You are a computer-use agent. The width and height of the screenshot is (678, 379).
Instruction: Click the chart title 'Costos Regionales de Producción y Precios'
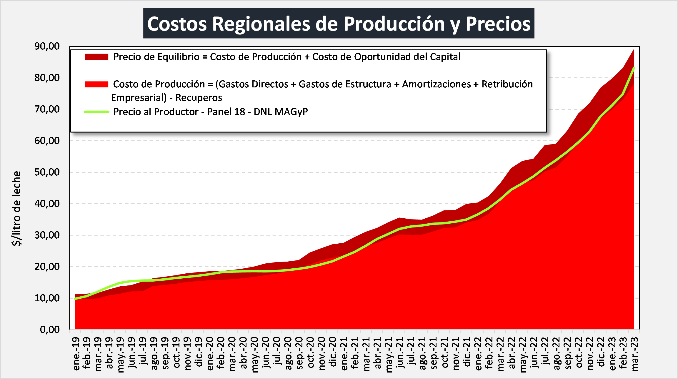(x=339, y=24)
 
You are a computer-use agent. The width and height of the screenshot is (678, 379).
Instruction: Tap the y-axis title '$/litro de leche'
(x=17, y=208)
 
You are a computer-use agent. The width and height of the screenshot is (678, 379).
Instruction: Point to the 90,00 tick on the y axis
(x=47, y=46)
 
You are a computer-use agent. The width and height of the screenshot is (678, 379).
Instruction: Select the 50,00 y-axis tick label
(x=47, y=172)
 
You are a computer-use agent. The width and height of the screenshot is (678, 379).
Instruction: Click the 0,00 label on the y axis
(x=50, y=330)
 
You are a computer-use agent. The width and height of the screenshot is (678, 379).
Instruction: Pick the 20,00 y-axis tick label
(x=47, y=267)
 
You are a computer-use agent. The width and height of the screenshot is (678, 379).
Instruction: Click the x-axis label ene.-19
(x=76, y=354)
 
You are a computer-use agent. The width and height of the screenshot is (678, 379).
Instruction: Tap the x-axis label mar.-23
(x=635, y=354)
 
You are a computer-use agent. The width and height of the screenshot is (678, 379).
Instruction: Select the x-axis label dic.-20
(x=333, y=354)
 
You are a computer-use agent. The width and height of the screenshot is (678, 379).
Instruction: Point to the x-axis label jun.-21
(x=400, y=354)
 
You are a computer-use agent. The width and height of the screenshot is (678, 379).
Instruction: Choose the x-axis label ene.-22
(x=478, y=354)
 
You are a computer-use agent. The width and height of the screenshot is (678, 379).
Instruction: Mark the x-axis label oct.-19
(x=176, y=354)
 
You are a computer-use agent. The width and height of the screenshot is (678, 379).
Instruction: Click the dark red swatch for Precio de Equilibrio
(x=96, y=57)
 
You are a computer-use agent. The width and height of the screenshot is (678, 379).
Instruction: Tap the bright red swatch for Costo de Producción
(x=96, y=84)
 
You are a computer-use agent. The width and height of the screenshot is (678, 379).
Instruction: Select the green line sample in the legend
(x=96, y=112)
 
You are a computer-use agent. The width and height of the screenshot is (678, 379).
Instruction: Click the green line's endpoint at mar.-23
(x=634, y=68)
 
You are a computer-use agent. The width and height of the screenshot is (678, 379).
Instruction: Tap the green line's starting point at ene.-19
(x=76, y=299)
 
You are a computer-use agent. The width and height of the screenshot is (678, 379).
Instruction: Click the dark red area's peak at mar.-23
(x=634, y=50)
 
